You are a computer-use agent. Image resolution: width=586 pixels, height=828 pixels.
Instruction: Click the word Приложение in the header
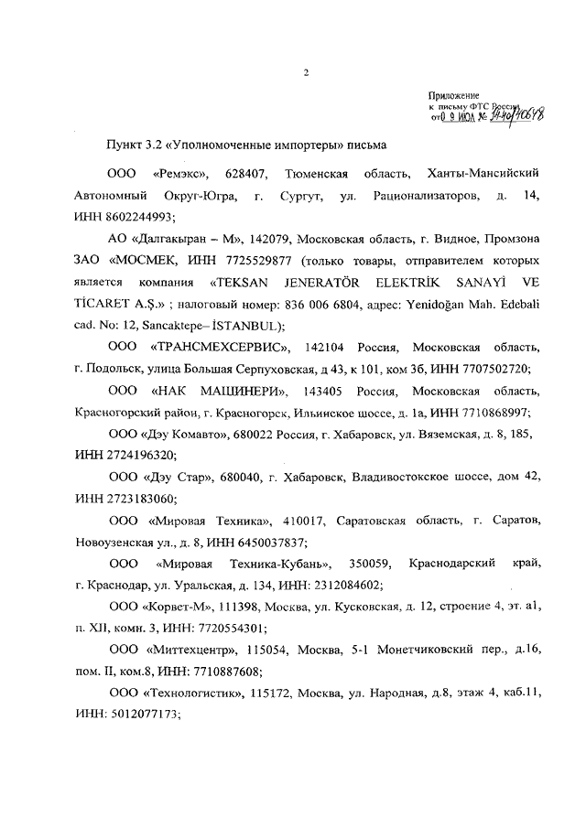[x=453, y=95]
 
